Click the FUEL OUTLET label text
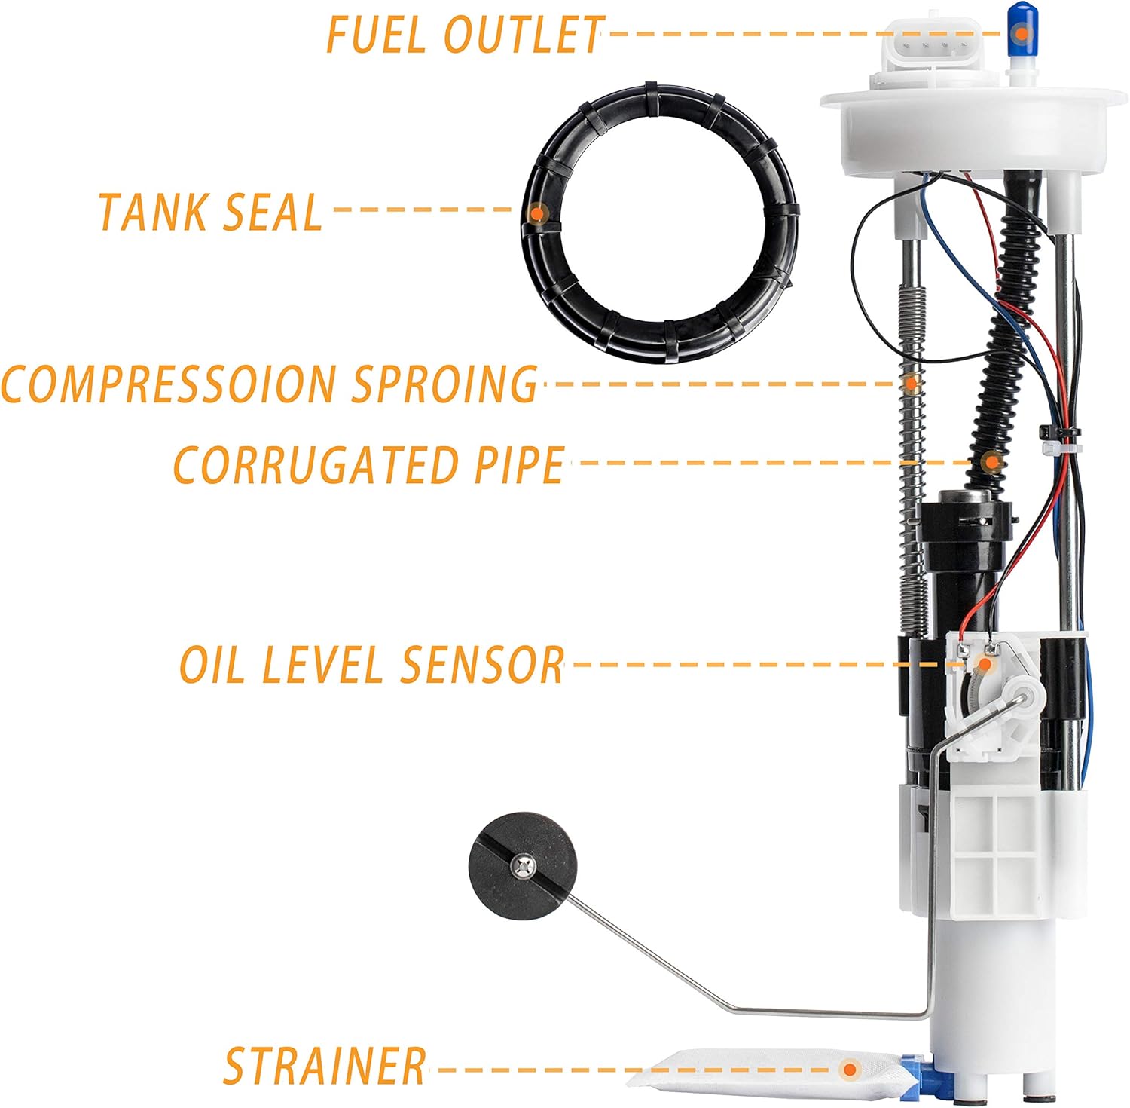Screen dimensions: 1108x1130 click(464, 34)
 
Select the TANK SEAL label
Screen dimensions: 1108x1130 click(210, 212)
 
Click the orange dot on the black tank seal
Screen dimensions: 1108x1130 click(537, 213)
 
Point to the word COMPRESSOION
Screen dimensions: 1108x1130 click(169, 384)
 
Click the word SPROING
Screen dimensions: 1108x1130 click(444, 384)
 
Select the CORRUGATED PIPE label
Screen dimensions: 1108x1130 click(368, 464)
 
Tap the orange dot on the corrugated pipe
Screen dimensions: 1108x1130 click(993, 461)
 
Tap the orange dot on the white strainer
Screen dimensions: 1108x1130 click(851, 1068)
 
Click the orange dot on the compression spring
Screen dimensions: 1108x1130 click(911, 383)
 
